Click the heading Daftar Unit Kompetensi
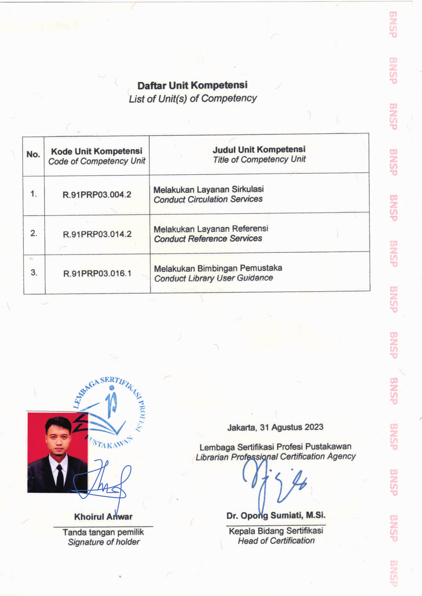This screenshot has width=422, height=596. tap(192, 85)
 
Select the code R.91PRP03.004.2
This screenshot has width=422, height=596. tap(97, 195)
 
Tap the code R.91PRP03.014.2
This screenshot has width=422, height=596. tap(97, 234)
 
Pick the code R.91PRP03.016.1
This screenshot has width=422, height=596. tap(97, 274)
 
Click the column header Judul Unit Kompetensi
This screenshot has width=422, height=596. tap(259, 150)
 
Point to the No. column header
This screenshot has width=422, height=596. tap(33, 154)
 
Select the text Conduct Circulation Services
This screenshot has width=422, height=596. tap(208, 200)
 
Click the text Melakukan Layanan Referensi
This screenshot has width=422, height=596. tap(211, 229)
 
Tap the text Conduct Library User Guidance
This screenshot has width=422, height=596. tap(213, 278)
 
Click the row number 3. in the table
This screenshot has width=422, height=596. tap(34, 273)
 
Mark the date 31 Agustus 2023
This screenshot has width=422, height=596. tap(292, 427)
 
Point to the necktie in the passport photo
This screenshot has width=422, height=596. tap(60, 478)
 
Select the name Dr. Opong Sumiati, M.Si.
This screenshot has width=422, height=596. tap(276, 516)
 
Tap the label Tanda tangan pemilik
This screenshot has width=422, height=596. tap(103, 532)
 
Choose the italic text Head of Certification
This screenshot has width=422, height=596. tap(276, 541)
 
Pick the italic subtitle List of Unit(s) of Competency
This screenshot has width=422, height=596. tap(193, 99)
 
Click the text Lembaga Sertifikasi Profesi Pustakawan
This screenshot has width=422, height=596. tap(275, 447)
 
